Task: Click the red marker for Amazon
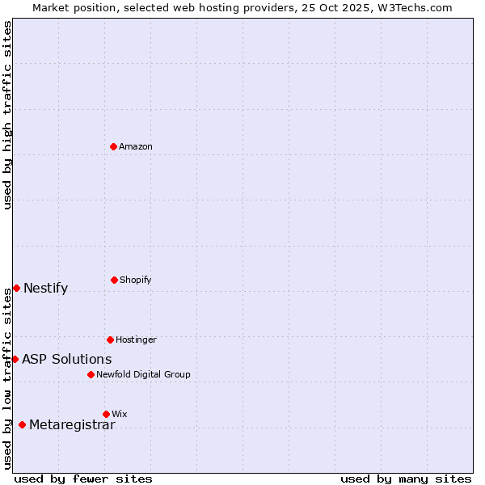click(x=114, y=146)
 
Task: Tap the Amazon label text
click(x=136, y=146)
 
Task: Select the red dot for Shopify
click(x=114, y=280)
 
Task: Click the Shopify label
click(x=136, y=280)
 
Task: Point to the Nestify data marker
click(x=16, y=288)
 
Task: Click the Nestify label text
click(x=46, y=289)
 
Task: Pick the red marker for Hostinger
click(x=110, y=339)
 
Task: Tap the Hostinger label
click(x=136, y=339)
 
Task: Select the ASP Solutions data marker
click(x=15, y=359)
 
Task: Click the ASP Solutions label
click(x=67, y=360)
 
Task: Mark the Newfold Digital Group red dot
click(x=91, y=374)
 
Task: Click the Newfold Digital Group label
click(x=143, y=374)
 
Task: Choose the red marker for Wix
click(x=106, y=414)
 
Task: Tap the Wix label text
click(x=120, y=414)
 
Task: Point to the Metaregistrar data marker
click(x=22, y=424)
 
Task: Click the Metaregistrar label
click(x=73, y=425)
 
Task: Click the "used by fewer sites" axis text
click(x=83, y=479)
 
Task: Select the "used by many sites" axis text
click(x=406, y=479)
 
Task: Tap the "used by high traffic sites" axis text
click(x=7, y=115)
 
